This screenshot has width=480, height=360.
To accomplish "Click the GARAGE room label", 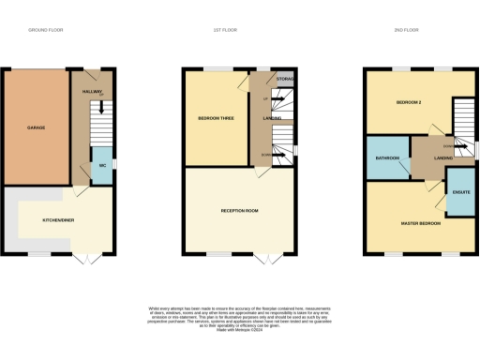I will coord(37,127).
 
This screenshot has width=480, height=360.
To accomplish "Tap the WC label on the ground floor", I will coord(101,165).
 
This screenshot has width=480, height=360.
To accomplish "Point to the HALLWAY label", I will coord(91,91).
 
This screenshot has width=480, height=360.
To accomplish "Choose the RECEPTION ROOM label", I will coord(240,211).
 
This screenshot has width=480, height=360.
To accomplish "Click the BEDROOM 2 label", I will coord(409,101).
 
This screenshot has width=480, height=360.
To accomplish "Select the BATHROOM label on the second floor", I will coord(386,158).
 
